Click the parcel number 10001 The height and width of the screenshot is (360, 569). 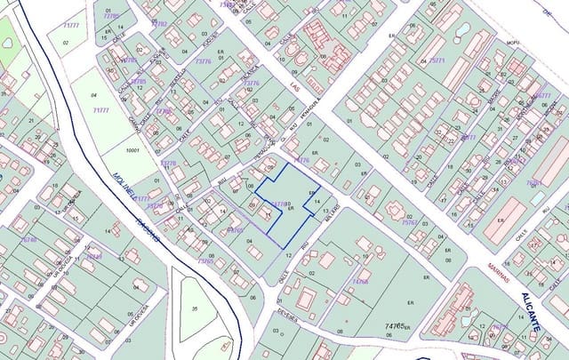tap(133, 151)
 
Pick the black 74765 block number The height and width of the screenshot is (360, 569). tap(394, 326)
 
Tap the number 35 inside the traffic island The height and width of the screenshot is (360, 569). tap(194, 309)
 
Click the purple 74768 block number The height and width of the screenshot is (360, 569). tap(359, 281)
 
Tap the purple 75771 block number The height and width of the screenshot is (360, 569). tap(437, 60)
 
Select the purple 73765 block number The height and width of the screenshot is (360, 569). tap(205, 261)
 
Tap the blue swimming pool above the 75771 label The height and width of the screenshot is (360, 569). tap(461, 29)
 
